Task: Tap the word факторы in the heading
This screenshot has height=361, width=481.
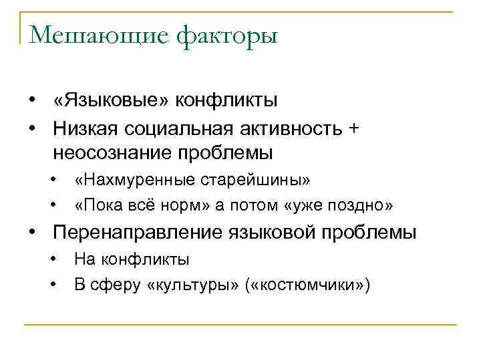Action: pyautogui.click(x=226, y=34)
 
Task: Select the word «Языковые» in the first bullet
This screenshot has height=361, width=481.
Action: pyautogui.click(x=112, y=100)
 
